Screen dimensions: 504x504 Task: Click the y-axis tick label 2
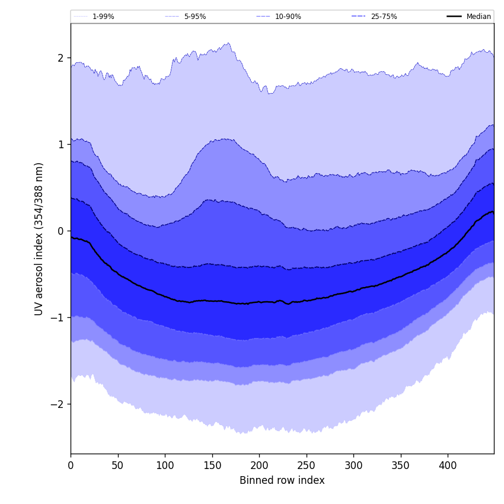tap(60, 58)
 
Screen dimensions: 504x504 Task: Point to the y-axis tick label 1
tap(60, 145)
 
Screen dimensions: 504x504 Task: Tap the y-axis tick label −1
tap(58, 318)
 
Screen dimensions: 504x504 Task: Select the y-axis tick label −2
tap(58, 404)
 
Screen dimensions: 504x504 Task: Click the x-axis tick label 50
tap(117, 465)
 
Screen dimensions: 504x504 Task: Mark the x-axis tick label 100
tap(165, 465)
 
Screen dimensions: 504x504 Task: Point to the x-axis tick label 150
tap(212, 465)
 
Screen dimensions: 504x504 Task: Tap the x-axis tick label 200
tap(259, 465)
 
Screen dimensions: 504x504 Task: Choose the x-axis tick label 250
tap(306, 465)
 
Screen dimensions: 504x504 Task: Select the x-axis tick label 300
tap(353, 465)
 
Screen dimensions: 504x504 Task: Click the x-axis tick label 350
tap(400, 465)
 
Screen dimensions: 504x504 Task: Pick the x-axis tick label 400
tap(448, 465)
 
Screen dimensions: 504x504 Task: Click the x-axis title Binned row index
tap(282, 480)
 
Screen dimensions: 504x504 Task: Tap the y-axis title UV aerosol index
tap(39, 239)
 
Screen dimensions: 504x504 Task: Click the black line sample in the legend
tap(455, 17)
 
